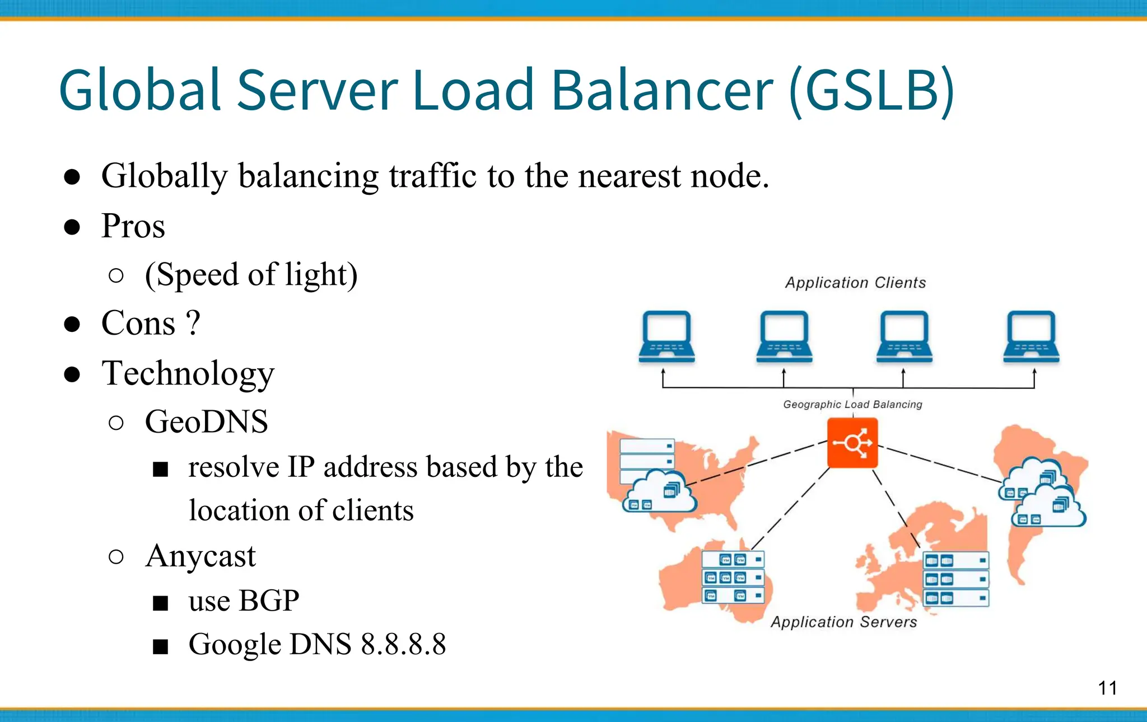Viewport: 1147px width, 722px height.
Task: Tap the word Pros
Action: (x=133, y=226)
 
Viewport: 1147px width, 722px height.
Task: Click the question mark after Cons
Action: (x=192, y=323)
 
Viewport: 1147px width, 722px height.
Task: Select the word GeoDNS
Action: (x=206, y=421)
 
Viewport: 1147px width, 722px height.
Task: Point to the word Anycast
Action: (x=200, y=556)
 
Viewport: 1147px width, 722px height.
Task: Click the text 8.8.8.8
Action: (x=403, y=644)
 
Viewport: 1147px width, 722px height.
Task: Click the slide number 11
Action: (x=1107, y=688)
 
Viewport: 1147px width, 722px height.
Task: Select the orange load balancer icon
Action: (x=852, y=444)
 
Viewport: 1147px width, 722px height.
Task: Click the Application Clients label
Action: (x=855, y=283)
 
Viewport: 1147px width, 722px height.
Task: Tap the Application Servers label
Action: (x=843, y=622)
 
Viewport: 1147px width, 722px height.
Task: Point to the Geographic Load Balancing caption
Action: (x=852, y=404)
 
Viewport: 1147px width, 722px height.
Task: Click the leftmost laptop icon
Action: (x=666, y=337)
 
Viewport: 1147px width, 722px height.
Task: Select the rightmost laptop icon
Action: (x=1031, y=337)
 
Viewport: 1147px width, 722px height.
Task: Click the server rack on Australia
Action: (x=733, y=577)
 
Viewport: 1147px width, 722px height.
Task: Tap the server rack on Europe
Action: (x=955, y=579)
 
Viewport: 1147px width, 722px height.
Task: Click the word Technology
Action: (x=188, y=373)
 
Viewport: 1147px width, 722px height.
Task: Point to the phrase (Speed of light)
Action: (x=251, y=275)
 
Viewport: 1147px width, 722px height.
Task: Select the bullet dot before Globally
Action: (x=72, y=177)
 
